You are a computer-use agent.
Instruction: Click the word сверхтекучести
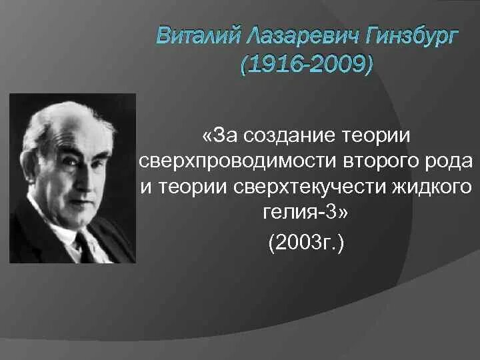301,187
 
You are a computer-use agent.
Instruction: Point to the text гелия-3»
306,213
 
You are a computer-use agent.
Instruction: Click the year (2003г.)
306,241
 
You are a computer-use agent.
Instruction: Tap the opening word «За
221,136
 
